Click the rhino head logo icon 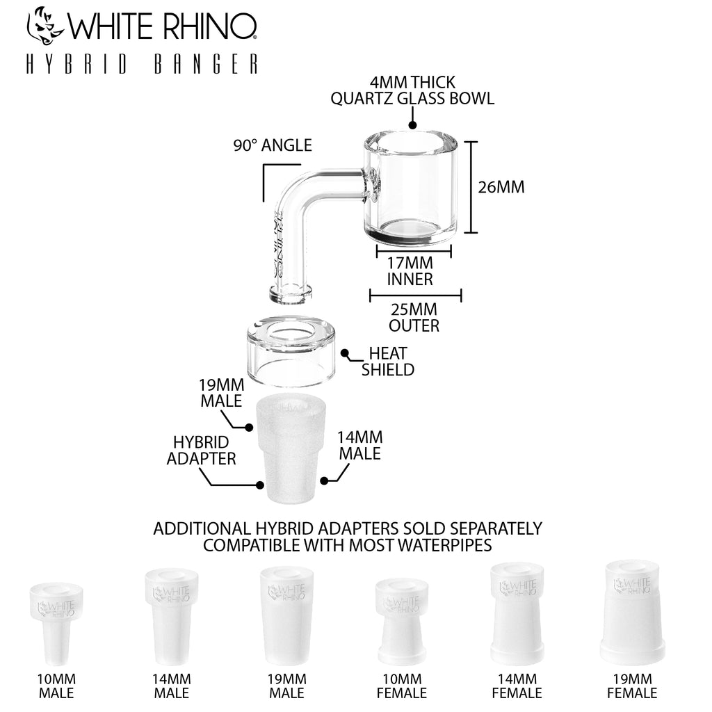click(x=45, y=26)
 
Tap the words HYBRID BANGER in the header click(x=142, y=64)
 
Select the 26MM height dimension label click(x=501, y=187)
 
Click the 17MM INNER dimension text click(x=410, y=271)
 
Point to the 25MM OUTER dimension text click(x=414, y=317)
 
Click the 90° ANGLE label click(x=273, y=145)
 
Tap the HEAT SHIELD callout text click(x=388, y=362)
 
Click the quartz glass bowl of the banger click(x=410, y=188)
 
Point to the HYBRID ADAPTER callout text click(x=201, y=451)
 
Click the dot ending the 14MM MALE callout click(x=324, y=481)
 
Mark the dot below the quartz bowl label click(x=412, y=125)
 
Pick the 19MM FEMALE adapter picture click(x=633, y=612)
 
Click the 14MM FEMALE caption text click(x=517, y=686)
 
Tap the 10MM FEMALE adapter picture click(x=402, y=622)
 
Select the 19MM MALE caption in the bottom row click(x=286, y=686)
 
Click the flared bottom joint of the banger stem click(x=291, y=294)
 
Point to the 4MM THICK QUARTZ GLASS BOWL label click(x=412, y=90)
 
